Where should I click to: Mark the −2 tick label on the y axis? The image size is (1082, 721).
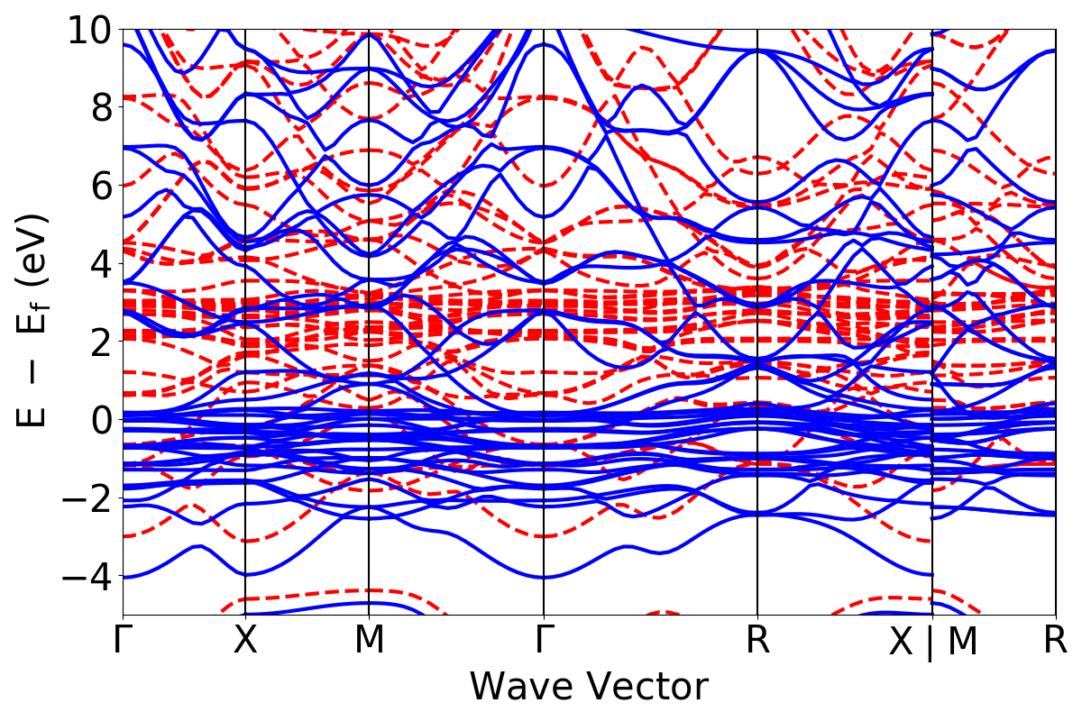point(86,497)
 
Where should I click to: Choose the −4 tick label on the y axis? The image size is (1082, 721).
point(86,575)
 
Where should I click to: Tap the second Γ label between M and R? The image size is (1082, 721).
point(544,640)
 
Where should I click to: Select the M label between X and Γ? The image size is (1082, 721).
point(369,640)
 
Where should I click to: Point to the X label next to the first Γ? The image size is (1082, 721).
point(245,640)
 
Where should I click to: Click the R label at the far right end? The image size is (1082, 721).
point(1055,640)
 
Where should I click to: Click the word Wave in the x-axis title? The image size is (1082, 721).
point(523,687)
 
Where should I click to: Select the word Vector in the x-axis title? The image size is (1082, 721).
point(646,687)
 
